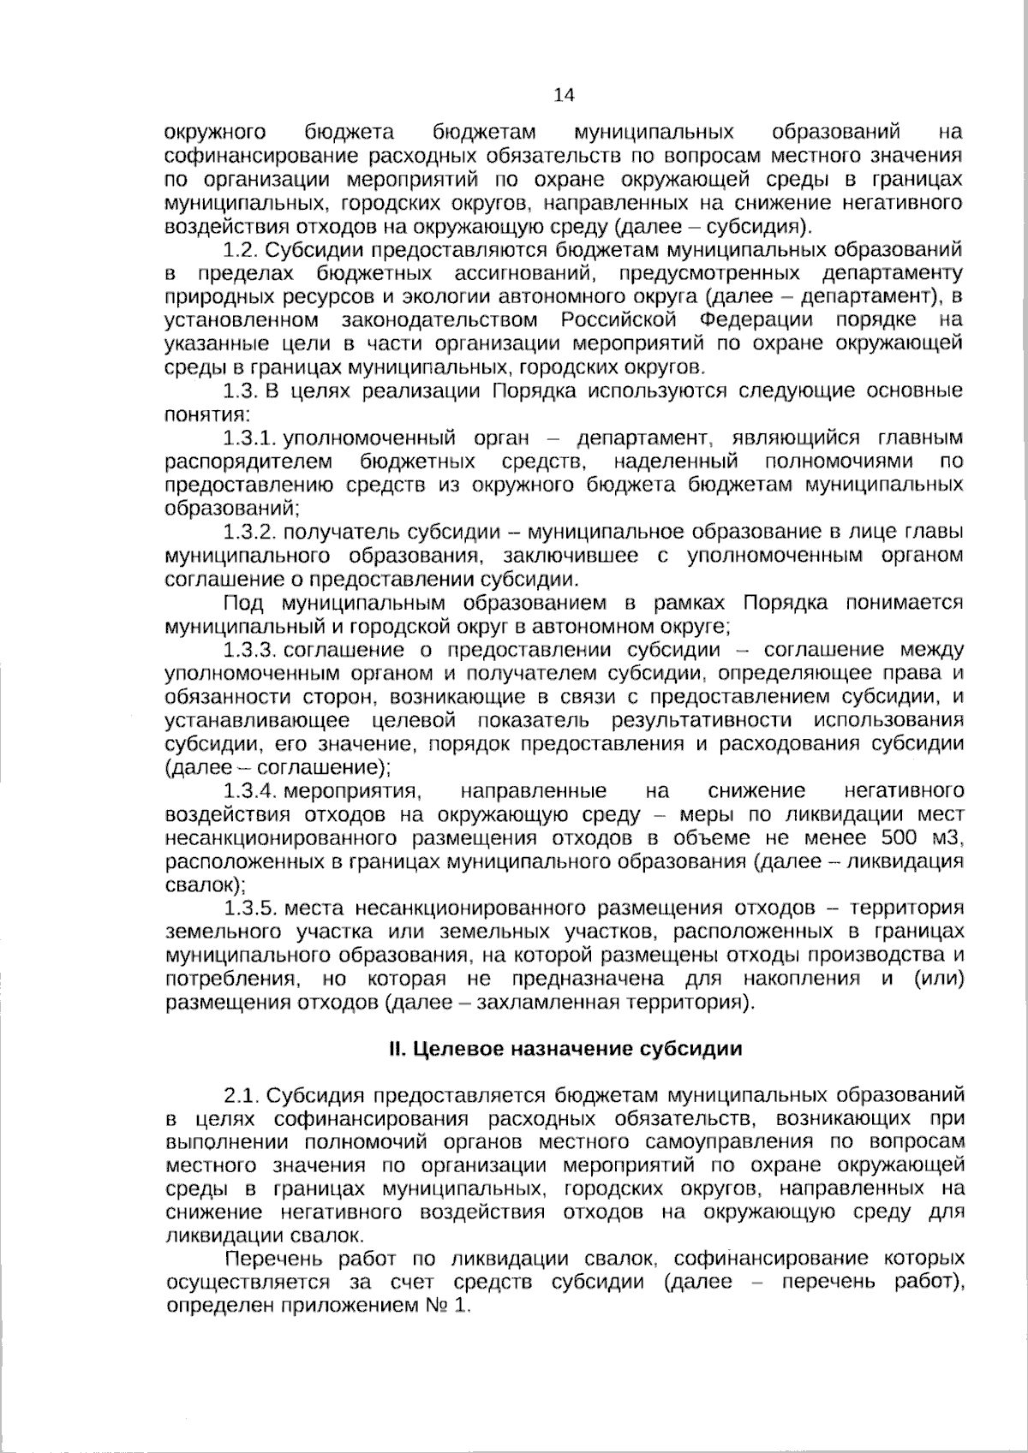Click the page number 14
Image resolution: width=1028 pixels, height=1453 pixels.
click(x=565, y=94)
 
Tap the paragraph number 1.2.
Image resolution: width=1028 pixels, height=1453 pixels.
click(x=239, y=250)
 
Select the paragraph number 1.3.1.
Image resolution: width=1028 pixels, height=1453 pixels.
click(x=249, y=438)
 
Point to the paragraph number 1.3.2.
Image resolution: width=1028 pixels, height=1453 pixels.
click(x=249, y=533)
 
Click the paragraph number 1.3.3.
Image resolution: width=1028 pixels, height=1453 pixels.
click(x=249, y=650)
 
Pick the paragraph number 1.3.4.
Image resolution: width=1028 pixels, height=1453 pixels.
click(x=249, y=790)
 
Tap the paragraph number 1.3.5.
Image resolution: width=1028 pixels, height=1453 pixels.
click(x=249, y=908)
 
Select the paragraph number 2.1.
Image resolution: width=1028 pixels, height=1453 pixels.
click(x=240, y=1096)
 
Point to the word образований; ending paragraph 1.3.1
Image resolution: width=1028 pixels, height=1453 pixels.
click(x=231, y=509)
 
